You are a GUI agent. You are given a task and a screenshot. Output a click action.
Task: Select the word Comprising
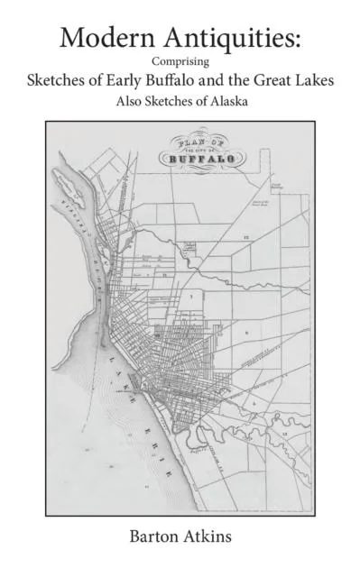[x=180, y=61]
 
